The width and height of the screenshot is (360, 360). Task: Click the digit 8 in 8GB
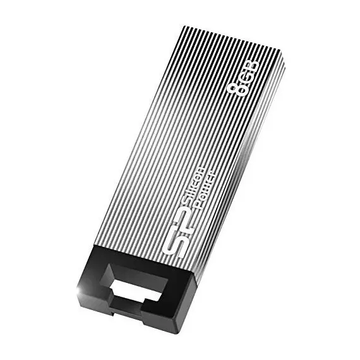[237, 89]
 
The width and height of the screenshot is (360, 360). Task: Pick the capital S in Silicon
[185, 203]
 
